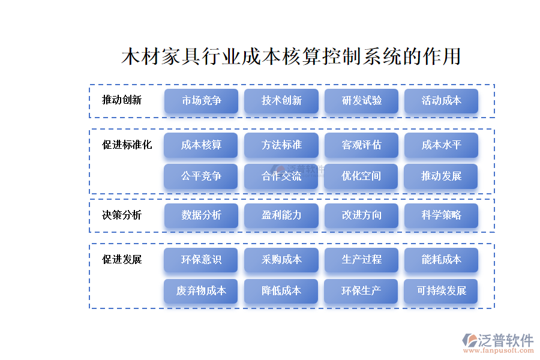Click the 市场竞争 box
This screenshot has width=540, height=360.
[201, 101]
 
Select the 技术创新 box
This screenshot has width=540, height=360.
[281, 101]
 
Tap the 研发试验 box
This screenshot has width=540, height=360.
[361, 101]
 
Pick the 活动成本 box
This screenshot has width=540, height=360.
[441, 101]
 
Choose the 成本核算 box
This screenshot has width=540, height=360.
[201, 145]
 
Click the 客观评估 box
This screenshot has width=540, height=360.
[361, 145]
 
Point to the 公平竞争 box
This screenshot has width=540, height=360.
[201, 176]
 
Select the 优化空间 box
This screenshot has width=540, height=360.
[361, 176]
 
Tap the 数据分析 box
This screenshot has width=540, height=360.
[201, 215]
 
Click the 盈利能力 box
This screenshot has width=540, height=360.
[281, 215]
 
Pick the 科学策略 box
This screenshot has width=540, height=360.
[441, 215]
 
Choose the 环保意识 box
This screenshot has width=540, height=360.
[201, 260]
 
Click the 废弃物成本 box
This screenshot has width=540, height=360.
[201, 291]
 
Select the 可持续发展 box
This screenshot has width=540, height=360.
[441, 291]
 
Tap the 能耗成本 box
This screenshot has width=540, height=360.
[441, 260]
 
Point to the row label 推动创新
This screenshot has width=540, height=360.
[122, 100]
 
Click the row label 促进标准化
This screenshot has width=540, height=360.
[127, 145]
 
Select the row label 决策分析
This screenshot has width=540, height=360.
[122, 215]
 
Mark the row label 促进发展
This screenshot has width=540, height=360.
[122, 260]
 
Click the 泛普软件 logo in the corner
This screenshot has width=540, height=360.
[498, 343]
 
